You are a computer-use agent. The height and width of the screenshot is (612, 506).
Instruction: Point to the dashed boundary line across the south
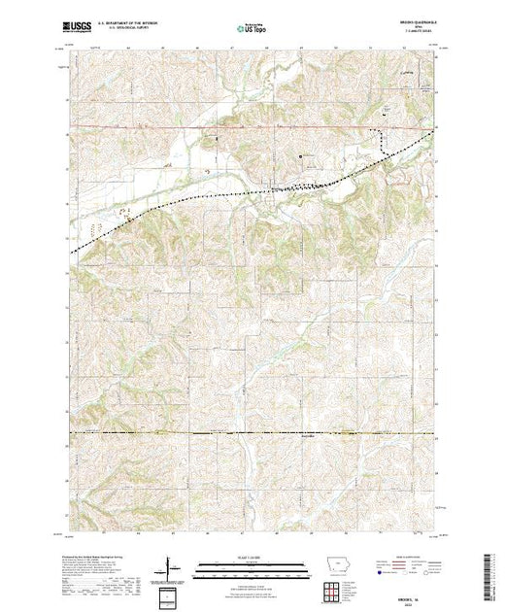pyautogui.click(x=243, y=432)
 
